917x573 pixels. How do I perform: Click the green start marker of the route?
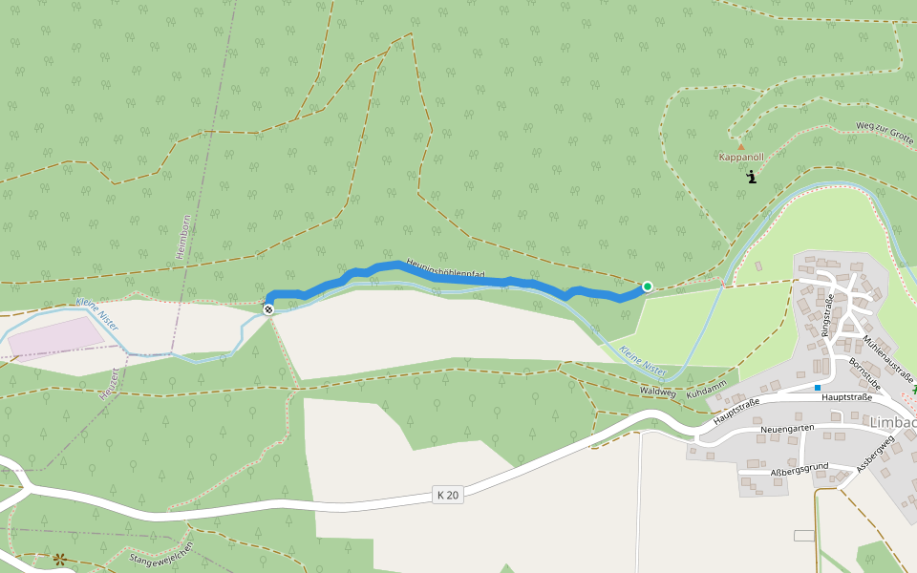[x=648, y=286]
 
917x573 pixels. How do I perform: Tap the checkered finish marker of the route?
[x=269, y=308]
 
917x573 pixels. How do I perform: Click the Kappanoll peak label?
[x=741, y=156]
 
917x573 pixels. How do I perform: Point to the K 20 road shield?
[x=447, y=495]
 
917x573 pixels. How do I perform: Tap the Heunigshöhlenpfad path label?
[x=445, y=270]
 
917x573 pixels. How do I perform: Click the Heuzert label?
[x=108, y=383]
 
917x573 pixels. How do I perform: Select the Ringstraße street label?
[x=828, y=315]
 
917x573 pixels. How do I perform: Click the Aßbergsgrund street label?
[x=799, y=469]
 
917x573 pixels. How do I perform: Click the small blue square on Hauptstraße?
[x=818, y=388]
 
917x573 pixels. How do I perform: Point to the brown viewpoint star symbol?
[x=61, y=560]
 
